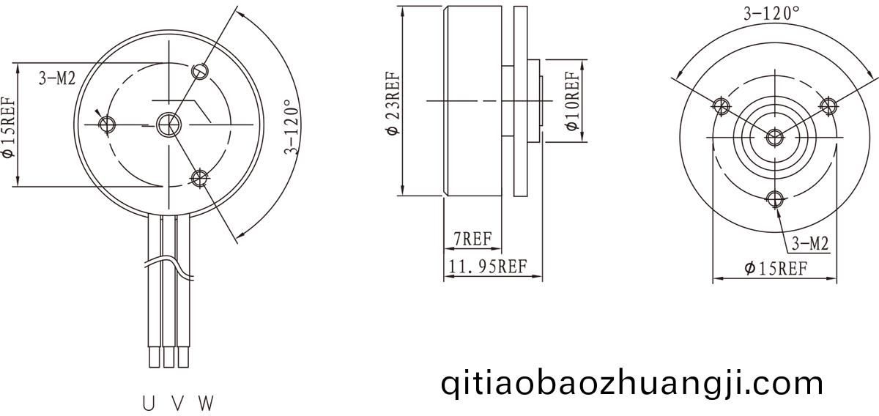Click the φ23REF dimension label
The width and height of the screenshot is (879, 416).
(x=393, y=103)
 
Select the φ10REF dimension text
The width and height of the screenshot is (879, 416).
(x=572, y=101)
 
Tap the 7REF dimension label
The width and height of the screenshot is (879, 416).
(x=472, y=239)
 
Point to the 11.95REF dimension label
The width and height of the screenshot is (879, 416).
(x=487, y=267)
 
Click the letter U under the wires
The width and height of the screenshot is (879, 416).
(x=148, y=404)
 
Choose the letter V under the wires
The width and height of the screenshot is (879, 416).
(x=178, y=404)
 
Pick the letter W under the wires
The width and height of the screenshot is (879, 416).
(x=206, y=404)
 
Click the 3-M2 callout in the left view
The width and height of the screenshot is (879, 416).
(x=57, y=78)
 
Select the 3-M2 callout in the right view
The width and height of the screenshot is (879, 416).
(x=810, y=244)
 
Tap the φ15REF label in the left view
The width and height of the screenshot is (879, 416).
(x=9, y=127)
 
